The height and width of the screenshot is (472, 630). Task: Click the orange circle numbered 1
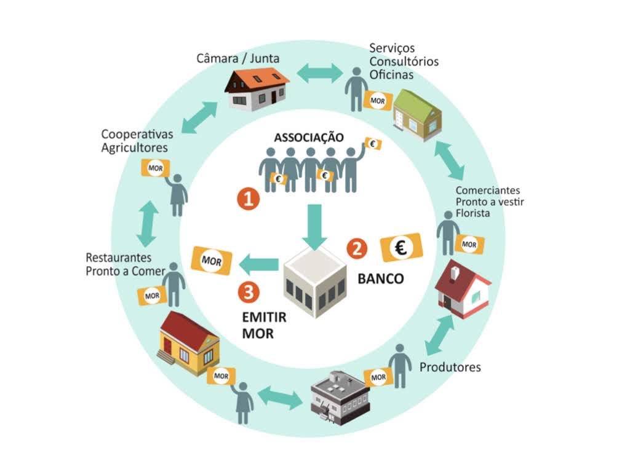[248, 199]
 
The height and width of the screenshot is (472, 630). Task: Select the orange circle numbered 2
[357, 248]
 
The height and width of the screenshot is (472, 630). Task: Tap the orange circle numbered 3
[248, 292]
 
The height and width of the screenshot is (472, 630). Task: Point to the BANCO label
[381, 279]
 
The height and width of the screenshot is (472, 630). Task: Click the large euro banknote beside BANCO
[402, 248]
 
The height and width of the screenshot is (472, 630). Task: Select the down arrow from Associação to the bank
[314, 226]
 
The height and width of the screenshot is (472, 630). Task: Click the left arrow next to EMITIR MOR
[259, 265]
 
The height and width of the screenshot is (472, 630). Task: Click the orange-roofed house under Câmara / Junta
[257, 89]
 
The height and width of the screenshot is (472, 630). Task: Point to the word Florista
[473, 213]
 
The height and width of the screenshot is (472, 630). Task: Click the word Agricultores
[134, 147]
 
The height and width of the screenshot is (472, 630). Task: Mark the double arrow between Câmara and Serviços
[320, 72]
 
